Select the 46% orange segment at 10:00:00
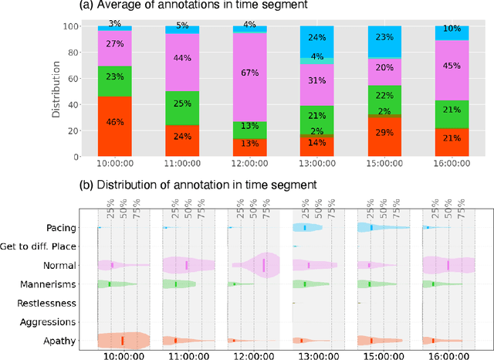click(x=115, y=123)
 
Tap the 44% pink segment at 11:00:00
click(x=182, y=59)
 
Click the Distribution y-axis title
click(x=56, y=91)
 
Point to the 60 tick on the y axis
click(x=73, y=78)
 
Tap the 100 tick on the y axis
click(x=70, y=25)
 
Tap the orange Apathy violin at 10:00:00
click(x=123, y=340)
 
